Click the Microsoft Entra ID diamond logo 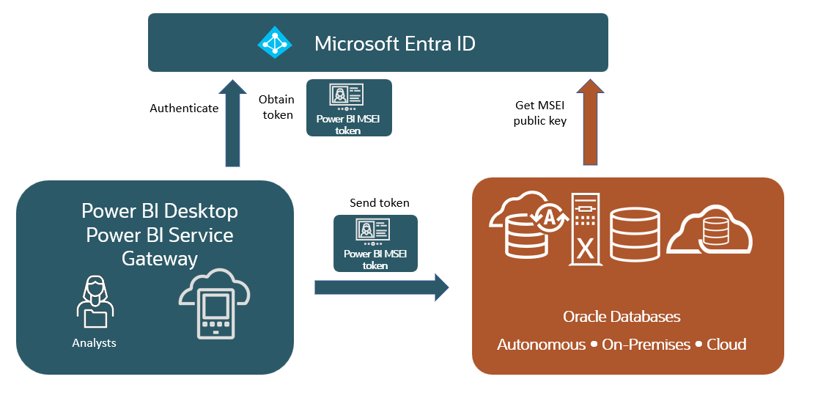275,43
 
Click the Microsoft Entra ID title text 394,43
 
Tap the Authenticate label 184,109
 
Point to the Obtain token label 276,107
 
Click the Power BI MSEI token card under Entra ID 349,108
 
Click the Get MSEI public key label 540,114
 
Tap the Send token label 379,203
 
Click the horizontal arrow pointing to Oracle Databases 381,287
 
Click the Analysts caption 94,342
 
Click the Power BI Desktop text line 160,211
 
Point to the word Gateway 160,259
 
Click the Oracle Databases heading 622,317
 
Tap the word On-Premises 646,345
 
